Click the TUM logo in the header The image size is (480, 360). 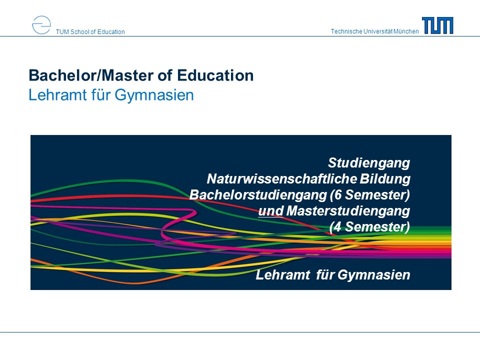(437, 25)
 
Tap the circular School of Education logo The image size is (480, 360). (41, 25)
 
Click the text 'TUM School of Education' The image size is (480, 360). (90, 32)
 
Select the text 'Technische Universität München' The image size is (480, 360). (374, 31)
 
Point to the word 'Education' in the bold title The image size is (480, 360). (215, 75)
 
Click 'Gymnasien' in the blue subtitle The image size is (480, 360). (154, 95)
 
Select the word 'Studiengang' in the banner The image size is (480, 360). (369, 163)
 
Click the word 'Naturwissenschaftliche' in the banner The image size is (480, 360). (282, 179)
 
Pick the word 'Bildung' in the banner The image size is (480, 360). (385, 179)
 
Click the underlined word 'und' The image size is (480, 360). (271, 211)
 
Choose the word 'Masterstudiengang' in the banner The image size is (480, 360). (348, 211)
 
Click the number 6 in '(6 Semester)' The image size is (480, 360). (338, 195)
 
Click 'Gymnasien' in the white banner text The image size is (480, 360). (374, 275)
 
